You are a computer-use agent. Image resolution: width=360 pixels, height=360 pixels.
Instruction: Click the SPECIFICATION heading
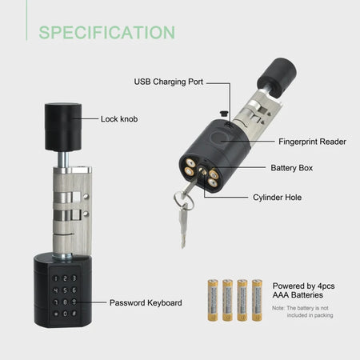(107, 32)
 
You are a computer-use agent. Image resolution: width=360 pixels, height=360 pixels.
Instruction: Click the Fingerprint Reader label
(312, 141)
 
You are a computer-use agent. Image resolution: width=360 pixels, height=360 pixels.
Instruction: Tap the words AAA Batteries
(298, 296)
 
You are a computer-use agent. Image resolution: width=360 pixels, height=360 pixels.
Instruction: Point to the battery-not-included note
(300, 311)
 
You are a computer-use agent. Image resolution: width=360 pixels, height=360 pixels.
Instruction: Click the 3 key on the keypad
(74, 278)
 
